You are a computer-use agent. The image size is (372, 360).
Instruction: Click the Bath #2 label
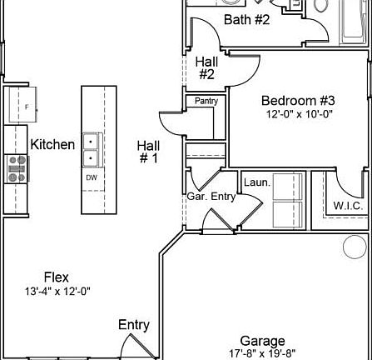247,19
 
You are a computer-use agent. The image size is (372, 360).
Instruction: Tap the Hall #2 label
206,67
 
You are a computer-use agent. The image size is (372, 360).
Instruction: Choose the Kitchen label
52,144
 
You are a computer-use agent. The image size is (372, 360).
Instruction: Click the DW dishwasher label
91,177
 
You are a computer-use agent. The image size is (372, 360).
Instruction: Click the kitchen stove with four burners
17,169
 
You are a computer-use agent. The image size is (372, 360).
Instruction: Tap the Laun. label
255,182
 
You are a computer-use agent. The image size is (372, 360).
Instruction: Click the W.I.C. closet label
345,205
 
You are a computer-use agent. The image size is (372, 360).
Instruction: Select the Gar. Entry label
211,197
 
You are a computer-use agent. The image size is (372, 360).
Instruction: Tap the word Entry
133,325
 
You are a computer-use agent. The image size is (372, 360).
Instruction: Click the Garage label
262,341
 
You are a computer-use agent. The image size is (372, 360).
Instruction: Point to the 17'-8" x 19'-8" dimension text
262,353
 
